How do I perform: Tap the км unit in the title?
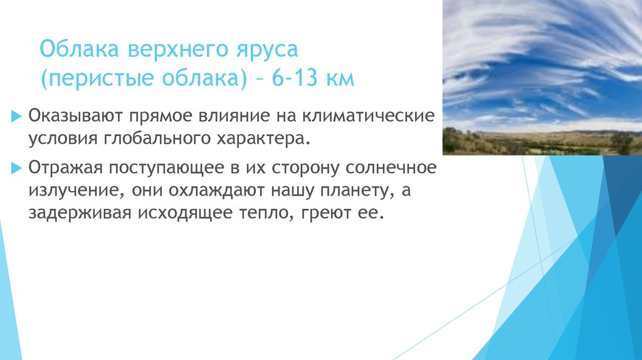click(x=340, y=80)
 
